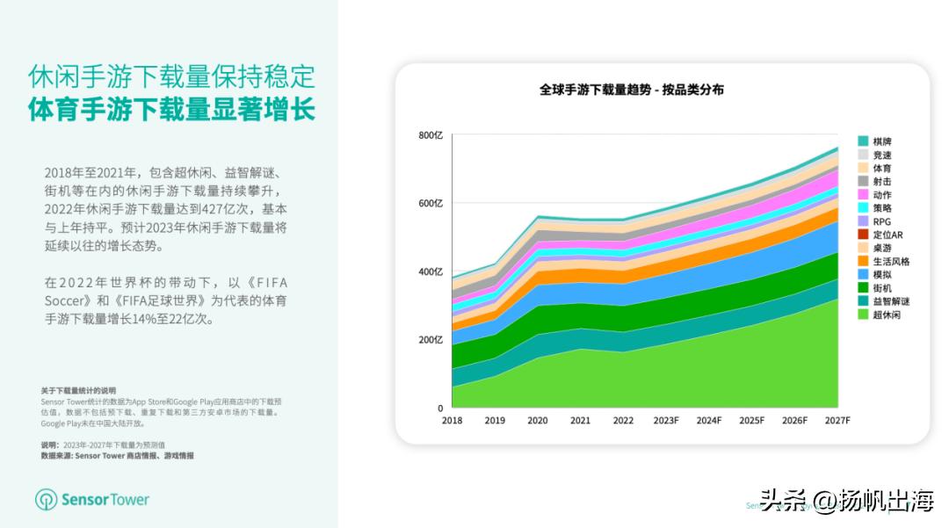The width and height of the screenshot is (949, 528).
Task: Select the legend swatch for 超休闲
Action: [863, 315]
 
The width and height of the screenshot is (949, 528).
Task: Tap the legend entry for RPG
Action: [881, 221]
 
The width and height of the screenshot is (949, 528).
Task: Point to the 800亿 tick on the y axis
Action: [431, 135]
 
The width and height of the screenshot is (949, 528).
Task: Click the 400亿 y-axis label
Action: [431, 271]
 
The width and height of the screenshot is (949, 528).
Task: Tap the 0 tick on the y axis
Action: [439, 409]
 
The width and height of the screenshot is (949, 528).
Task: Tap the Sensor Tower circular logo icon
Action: [46, 500]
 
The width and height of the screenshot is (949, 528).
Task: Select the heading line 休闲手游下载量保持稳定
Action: [171, 76]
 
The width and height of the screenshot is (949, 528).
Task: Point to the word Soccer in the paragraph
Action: [66, 300]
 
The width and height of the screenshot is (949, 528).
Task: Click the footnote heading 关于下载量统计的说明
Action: [77, 390]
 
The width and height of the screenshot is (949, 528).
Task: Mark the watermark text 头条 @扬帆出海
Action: [846, 502]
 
